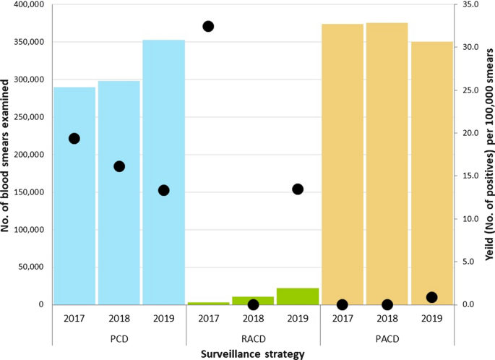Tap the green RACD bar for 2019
(x=297, y=296)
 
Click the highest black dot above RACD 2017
(x=208, y=27)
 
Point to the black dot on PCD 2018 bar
(x=119, y=166)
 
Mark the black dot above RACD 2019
(x=298, y=189)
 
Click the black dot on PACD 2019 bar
(x=432, y=297)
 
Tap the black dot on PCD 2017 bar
(x=74, y=138)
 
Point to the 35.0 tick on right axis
(x=471, y=5)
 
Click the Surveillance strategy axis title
(x=253, y=353)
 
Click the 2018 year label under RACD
(x=253, y=318)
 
